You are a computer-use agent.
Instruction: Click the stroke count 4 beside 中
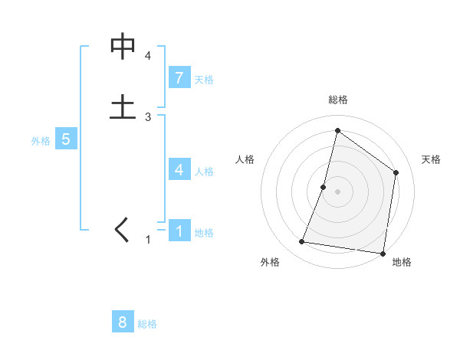[x=148, y=56]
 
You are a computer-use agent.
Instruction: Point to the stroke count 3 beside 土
[x=148, y=116]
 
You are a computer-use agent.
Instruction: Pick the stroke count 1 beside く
[x=148, y=240]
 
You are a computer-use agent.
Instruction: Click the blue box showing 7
[x=179, y=77]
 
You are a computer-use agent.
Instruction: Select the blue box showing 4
[x=179, y=169]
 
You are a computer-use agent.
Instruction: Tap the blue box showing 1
[x=179, y=231]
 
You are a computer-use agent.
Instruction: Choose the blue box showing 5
[x=66, y=139]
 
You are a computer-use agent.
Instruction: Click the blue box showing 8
[x=123, y=322]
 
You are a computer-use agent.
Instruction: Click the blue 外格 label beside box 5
[x=41, y=141]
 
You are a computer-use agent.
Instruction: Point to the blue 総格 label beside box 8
[x=147, y=324]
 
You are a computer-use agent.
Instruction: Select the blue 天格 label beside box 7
[x=204, y=80]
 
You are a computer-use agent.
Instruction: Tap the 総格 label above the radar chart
[x=338, y=100]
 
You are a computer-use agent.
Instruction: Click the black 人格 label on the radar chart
[x=245, y=159]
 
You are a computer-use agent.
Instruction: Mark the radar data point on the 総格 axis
[x=337, y=130]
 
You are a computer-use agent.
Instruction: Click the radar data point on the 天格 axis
[x=396, y=172]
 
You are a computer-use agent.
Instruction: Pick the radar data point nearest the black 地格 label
[x=383, y=253]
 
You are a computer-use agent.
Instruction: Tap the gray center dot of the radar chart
[x=337, y=191]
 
